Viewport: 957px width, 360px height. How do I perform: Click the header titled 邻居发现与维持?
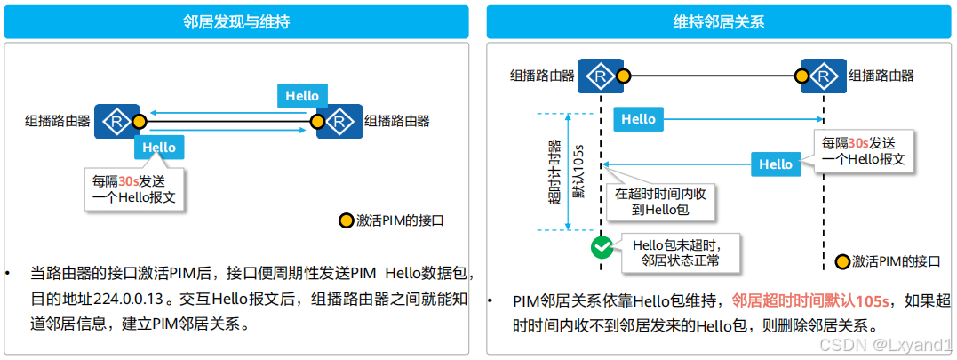coord(236,22)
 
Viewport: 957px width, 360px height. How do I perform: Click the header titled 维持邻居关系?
coord(719,22)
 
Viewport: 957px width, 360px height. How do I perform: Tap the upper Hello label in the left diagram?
coord(302,96)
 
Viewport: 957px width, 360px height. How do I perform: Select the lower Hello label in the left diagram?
coord(159,148)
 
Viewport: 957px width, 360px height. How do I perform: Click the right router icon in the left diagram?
coord(339,121)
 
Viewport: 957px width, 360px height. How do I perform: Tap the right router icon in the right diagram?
coord(823,76)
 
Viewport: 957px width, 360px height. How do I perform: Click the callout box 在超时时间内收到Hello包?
coord(660,202)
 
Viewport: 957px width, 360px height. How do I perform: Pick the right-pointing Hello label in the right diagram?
coord(638,119)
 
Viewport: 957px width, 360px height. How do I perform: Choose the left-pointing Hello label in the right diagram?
coord(775,164)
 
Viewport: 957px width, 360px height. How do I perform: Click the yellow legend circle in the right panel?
coord(842,261)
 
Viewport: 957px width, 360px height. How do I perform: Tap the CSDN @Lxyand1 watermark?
coord(885,343)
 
